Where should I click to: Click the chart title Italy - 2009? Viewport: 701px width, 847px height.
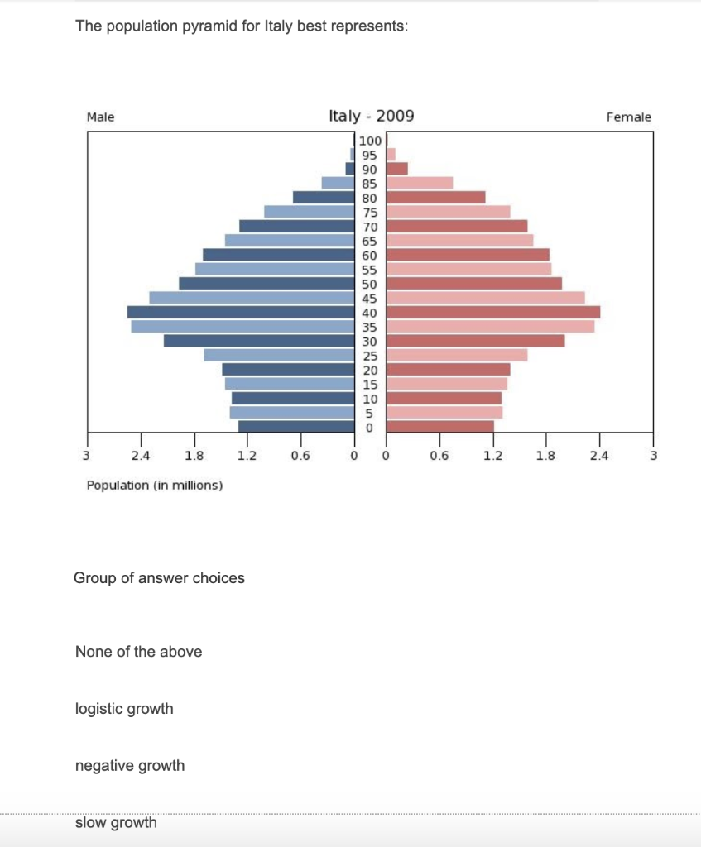point(372,116)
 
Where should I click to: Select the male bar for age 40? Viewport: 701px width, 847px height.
point(241,312)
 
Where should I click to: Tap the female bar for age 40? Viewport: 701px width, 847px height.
point(493,312)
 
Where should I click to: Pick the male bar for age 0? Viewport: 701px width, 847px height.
point(296,427)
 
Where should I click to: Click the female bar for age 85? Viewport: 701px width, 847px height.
point(420,183)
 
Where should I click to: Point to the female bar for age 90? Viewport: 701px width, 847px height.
point(397,169)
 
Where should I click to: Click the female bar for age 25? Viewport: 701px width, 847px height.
point(457,355)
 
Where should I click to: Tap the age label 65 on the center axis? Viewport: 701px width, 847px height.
point(370,241)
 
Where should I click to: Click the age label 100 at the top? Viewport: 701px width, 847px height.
point(370,141)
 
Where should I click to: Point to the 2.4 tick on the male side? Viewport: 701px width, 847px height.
point(140,456)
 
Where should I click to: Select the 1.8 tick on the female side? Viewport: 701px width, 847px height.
point(546,456)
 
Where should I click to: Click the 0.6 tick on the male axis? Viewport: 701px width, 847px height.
point(300,456)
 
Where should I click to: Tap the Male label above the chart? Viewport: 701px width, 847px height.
point(101,117)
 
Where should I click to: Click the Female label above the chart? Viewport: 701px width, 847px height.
point(629,117)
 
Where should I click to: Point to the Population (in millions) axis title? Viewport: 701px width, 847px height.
point(155,485)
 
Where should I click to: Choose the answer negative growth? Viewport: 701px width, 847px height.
point(130,766)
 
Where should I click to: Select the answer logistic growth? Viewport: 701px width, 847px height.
point(124,709)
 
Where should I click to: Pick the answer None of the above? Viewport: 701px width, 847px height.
point(138,652)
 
